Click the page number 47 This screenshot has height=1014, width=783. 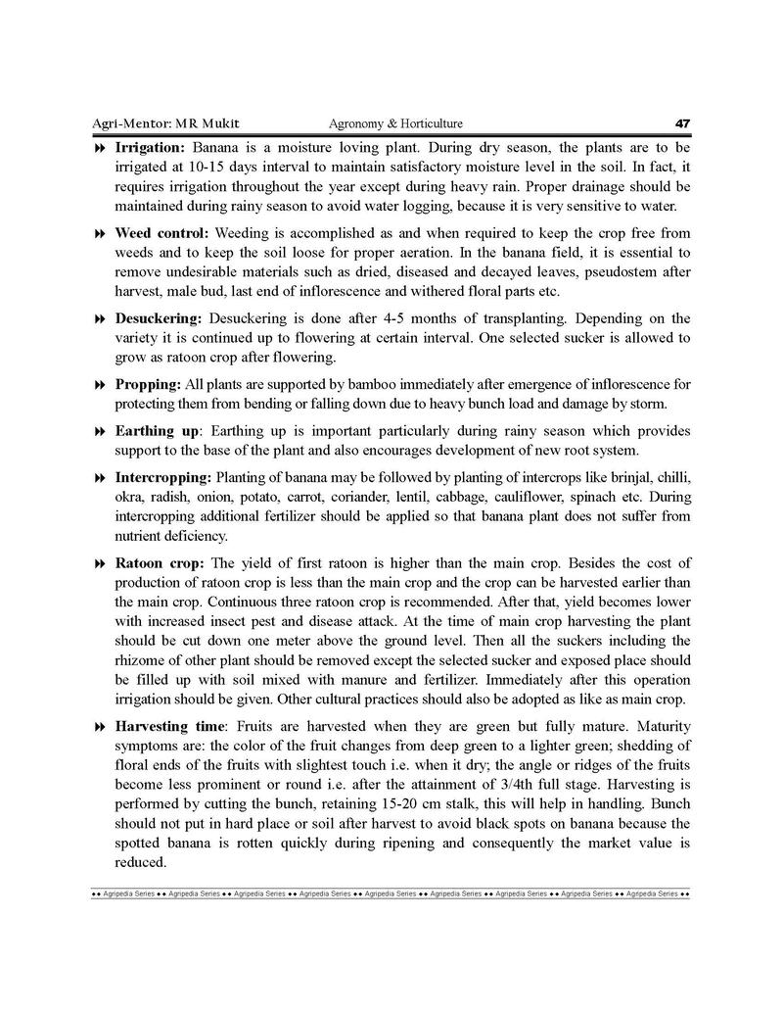[x=682, y=123]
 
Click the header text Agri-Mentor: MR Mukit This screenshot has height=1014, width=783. [x=160, y=123]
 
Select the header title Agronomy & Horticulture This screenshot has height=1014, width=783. [x=395, y=123]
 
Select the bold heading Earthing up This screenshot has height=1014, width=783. [x=158, y=431]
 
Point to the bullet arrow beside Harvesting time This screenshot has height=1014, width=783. [x=99, y=727]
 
